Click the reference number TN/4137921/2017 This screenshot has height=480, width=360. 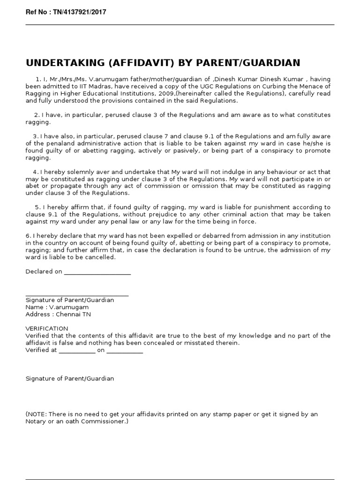click(76, 12)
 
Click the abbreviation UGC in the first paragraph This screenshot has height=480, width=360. click(219, 86)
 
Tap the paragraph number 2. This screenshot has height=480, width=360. click(36, 115)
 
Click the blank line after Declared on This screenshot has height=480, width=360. click(97, 272)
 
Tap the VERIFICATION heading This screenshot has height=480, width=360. click(47, 329)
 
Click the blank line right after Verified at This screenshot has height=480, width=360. click(77, 351)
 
